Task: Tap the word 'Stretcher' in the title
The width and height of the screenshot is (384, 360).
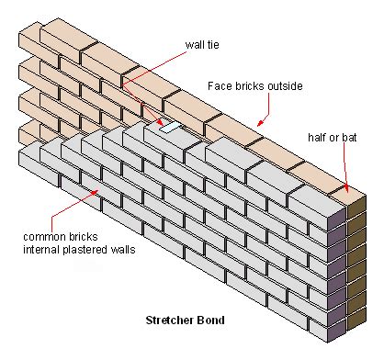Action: (170, 321)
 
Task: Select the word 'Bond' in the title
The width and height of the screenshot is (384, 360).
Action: (211, 321)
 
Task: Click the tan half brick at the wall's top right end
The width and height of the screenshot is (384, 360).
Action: (348, 194)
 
